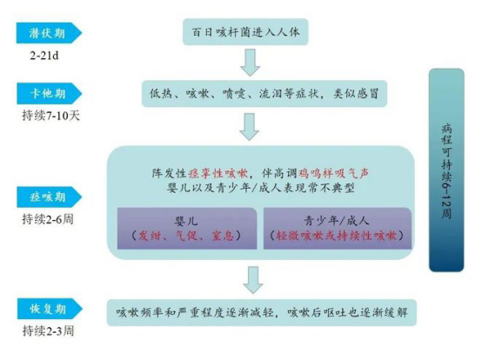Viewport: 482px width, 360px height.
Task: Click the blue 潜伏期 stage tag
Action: [x=49, y=33]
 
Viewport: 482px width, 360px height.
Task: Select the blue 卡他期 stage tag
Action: [x=49, y=93]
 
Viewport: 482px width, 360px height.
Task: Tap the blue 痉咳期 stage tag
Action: [x=49, y=197]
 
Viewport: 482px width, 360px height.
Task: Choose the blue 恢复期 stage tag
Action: [x=50, y=309]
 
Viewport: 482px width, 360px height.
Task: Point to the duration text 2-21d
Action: [x=44, y=56]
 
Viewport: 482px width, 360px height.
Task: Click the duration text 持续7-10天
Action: [x=50, y=116]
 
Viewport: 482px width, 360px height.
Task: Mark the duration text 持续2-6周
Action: [x=48, y=219]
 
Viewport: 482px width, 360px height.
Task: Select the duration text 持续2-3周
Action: [x=48, y=330]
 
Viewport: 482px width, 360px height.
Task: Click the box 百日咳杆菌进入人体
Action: [x=245, y=32]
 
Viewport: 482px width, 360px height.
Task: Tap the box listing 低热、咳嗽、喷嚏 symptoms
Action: [x=264, y=93]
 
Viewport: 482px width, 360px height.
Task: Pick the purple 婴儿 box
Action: [x=187, y=228]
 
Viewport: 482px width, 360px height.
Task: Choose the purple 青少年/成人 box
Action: [x=338, y=228]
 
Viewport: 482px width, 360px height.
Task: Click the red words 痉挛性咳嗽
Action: [x=218, y=173]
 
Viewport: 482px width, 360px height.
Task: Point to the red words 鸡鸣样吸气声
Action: [x=334, y=173]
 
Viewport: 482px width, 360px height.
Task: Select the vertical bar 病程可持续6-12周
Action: [x=446, y=170]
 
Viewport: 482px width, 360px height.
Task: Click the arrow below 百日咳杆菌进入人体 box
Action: [x=250, y=63]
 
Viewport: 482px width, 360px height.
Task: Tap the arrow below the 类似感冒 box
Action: [x=250, y=127]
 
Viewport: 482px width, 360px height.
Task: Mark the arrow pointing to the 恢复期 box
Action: [x=253, y=279]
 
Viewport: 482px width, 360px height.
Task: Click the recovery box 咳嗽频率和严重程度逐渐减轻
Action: [x=262, y=312]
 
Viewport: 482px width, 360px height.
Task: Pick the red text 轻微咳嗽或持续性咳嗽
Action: [x=337, y=236]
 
